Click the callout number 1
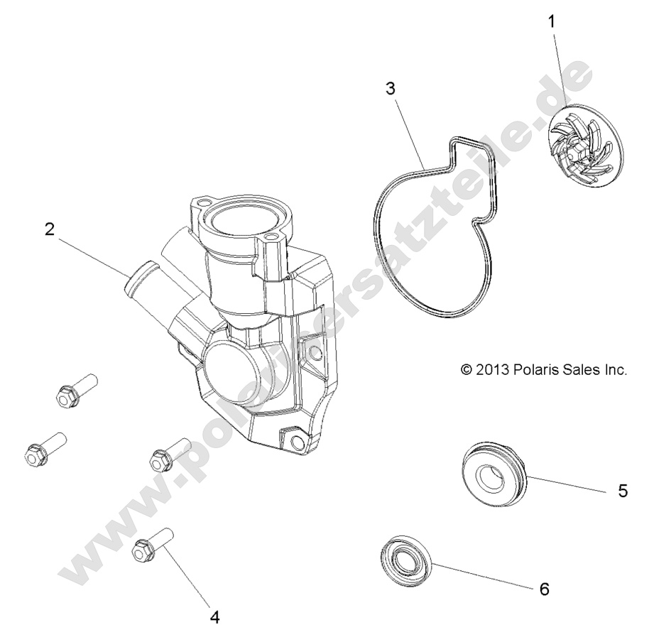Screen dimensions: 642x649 (552, 21)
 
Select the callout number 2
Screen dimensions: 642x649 (49, 229)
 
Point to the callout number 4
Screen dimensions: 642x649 (213, 616)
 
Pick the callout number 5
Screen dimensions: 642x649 (623, 491)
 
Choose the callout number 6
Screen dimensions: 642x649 (545, 589)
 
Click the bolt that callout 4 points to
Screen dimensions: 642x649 (150, 545)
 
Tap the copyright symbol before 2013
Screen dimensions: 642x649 (467, 370)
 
